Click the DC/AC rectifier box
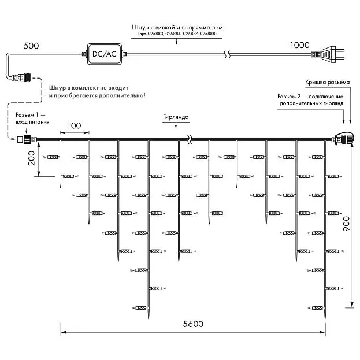coord(105,54)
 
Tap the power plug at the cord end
coord(328,54)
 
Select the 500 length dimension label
coord(31,46)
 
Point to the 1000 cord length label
coord(300,45)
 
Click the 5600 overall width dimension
coord(193,324)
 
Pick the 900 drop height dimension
coord(346,224)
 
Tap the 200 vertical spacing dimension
coord(31,158)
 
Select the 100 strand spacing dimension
coord(74,125)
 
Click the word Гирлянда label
coord(176,117)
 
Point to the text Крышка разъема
coord(328,82)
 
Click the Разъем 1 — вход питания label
coord(32,118)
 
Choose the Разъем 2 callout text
coord(310,99)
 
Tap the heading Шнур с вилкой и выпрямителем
coord(177,28)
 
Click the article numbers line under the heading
coord(177,34)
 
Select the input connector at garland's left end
coord(27,139)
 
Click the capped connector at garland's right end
coord(343,139)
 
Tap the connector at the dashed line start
coord(21,77)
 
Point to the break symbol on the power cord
coord(227,54)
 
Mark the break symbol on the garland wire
coord(190,139)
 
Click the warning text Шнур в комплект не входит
coord(88,88)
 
